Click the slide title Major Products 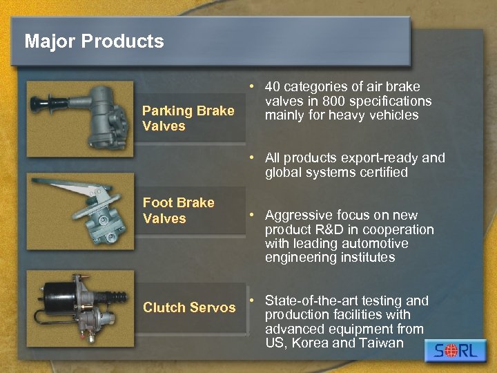(94, 41)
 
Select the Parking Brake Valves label (187, 118)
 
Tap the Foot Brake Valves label (178, 210)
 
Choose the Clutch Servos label (189, 307)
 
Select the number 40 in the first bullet (273, 86)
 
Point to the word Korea (311, 343)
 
